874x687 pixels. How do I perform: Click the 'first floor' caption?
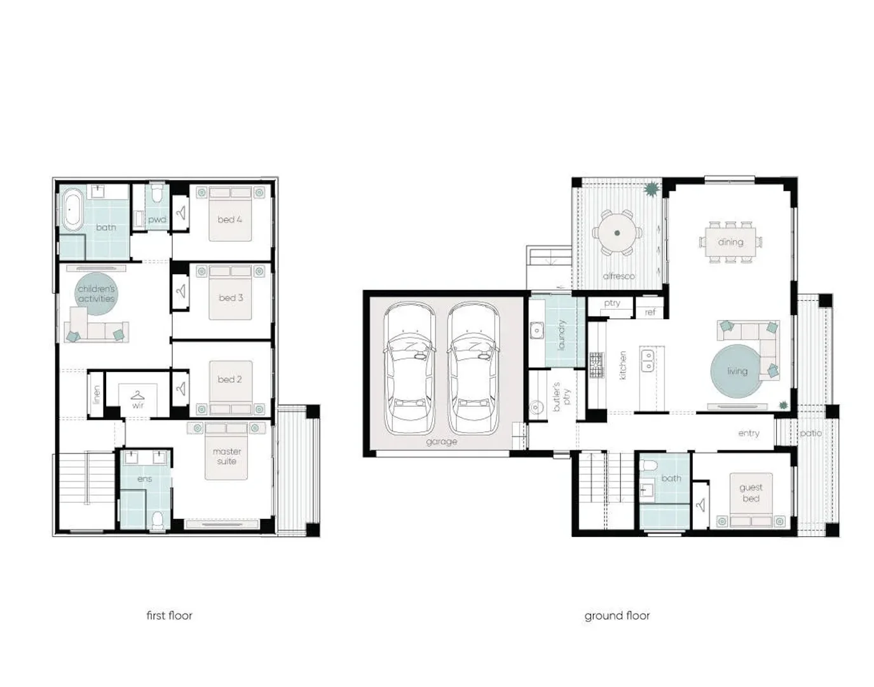169,615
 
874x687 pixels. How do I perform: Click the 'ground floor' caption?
617,615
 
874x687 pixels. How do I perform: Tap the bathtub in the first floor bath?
70,209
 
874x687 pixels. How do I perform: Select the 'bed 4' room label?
229,219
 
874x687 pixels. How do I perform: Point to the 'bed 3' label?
231,298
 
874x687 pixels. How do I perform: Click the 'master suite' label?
227,456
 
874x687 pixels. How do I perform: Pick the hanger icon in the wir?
137,396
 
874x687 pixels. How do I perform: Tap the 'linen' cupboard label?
97,394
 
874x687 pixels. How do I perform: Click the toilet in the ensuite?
158,520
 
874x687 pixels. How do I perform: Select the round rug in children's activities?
97,294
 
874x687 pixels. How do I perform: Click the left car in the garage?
410,369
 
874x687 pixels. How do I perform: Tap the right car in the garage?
473,369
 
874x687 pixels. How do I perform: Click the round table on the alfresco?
617,233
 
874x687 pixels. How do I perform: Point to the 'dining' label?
730,242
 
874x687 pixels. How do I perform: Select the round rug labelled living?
736,371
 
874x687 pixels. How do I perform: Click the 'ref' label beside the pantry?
650,312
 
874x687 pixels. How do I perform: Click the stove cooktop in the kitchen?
596,366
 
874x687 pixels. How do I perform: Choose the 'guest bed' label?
751,493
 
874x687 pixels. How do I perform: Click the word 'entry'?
748,433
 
